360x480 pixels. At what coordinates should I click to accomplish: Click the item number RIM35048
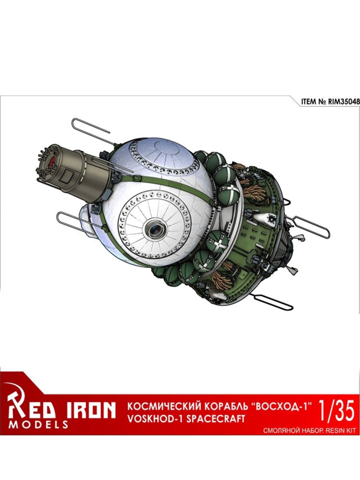tap(343, 102)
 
